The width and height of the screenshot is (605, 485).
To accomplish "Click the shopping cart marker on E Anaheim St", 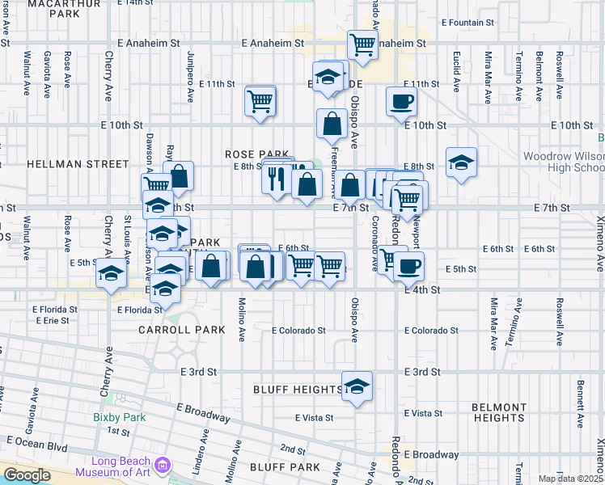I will pos(362,44).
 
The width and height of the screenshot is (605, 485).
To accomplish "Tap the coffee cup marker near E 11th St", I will pos(401,102).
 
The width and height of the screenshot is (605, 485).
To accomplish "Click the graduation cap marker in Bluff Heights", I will pos(357,386).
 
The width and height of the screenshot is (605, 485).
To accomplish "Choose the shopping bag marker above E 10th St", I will pos(332,124).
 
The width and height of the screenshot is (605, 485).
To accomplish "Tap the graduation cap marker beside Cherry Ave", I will pos(112,273).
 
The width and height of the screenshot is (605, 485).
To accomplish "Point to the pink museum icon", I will pos(163,466).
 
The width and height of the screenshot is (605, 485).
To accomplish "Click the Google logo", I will pos(27,475).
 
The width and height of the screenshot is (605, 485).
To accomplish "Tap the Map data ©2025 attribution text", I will pos(570,479).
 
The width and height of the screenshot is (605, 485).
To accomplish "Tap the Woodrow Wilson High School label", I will pos(563,162).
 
